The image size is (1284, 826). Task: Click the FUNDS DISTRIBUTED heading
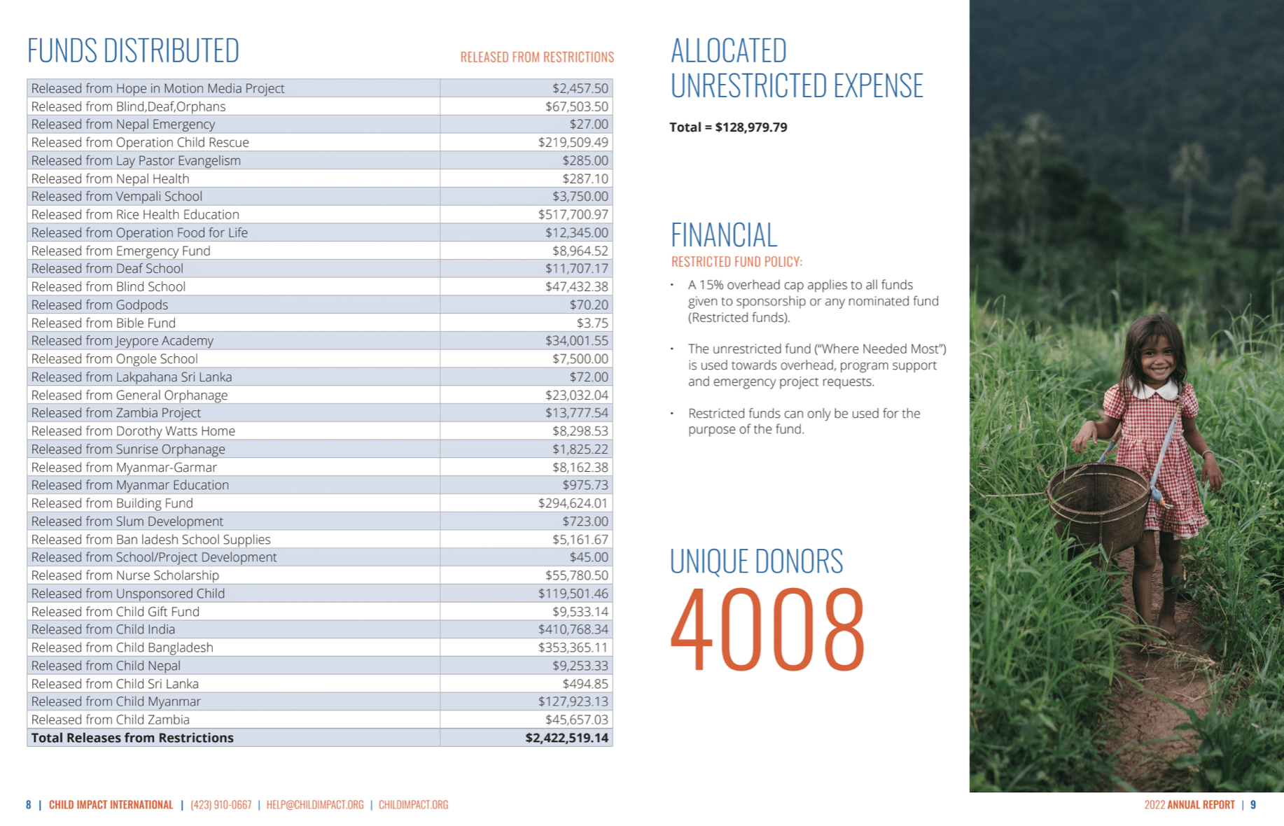[133, 51]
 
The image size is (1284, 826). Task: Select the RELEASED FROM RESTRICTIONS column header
[537, 57]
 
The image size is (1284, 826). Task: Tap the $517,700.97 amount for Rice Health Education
[573, 215]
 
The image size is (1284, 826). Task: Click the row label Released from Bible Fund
[104, 323]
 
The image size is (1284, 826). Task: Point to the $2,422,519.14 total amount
[566, 738]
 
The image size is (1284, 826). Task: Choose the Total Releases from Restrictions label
[132, 738]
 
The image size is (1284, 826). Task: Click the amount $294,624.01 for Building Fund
[573, 503]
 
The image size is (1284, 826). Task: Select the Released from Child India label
[104, 629]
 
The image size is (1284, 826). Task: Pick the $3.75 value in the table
[592, 323]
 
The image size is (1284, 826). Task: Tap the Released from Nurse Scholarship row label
[125, 575]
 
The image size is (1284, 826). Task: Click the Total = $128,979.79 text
[728, 127]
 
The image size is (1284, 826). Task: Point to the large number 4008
[768, 629]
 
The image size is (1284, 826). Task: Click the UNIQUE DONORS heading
[756, 561]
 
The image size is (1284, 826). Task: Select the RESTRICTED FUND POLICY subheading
[737, 262]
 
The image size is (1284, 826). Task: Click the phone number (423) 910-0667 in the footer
[221, 805]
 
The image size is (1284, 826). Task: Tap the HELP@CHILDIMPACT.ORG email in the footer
[315, 805]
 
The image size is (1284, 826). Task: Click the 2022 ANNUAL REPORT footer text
[1189, 805]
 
